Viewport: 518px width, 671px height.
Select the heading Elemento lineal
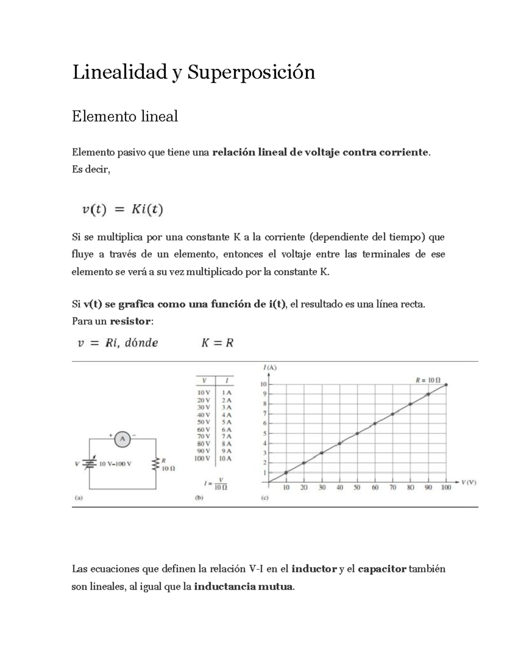[125, 116]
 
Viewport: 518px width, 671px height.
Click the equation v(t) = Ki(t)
[122, 210]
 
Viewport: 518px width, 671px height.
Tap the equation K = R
[217, 343]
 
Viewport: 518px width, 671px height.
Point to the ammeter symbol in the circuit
[122, 439]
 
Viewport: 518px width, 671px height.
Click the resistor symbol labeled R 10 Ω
[155, 464]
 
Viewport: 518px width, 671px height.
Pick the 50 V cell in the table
[203, 422]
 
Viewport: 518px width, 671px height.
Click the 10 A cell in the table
[225, 458]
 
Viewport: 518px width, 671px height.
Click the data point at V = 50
[357, 433]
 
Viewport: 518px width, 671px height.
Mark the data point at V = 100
[446, 384]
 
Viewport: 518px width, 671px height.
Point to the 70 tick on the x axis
[392, 487]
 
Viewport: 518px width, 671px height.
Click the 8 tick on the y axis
[265, 404]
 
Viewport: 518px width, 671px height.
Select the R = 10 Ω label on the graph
[428, 380]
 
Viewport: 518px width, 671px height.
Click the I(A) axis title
[270, 368]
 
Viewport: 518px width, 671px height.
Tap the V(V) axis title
[469, 483]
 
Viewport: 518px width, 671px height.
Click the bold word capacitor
[382, 569]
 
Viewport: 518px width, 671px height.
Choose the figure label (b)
[199, 497]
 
